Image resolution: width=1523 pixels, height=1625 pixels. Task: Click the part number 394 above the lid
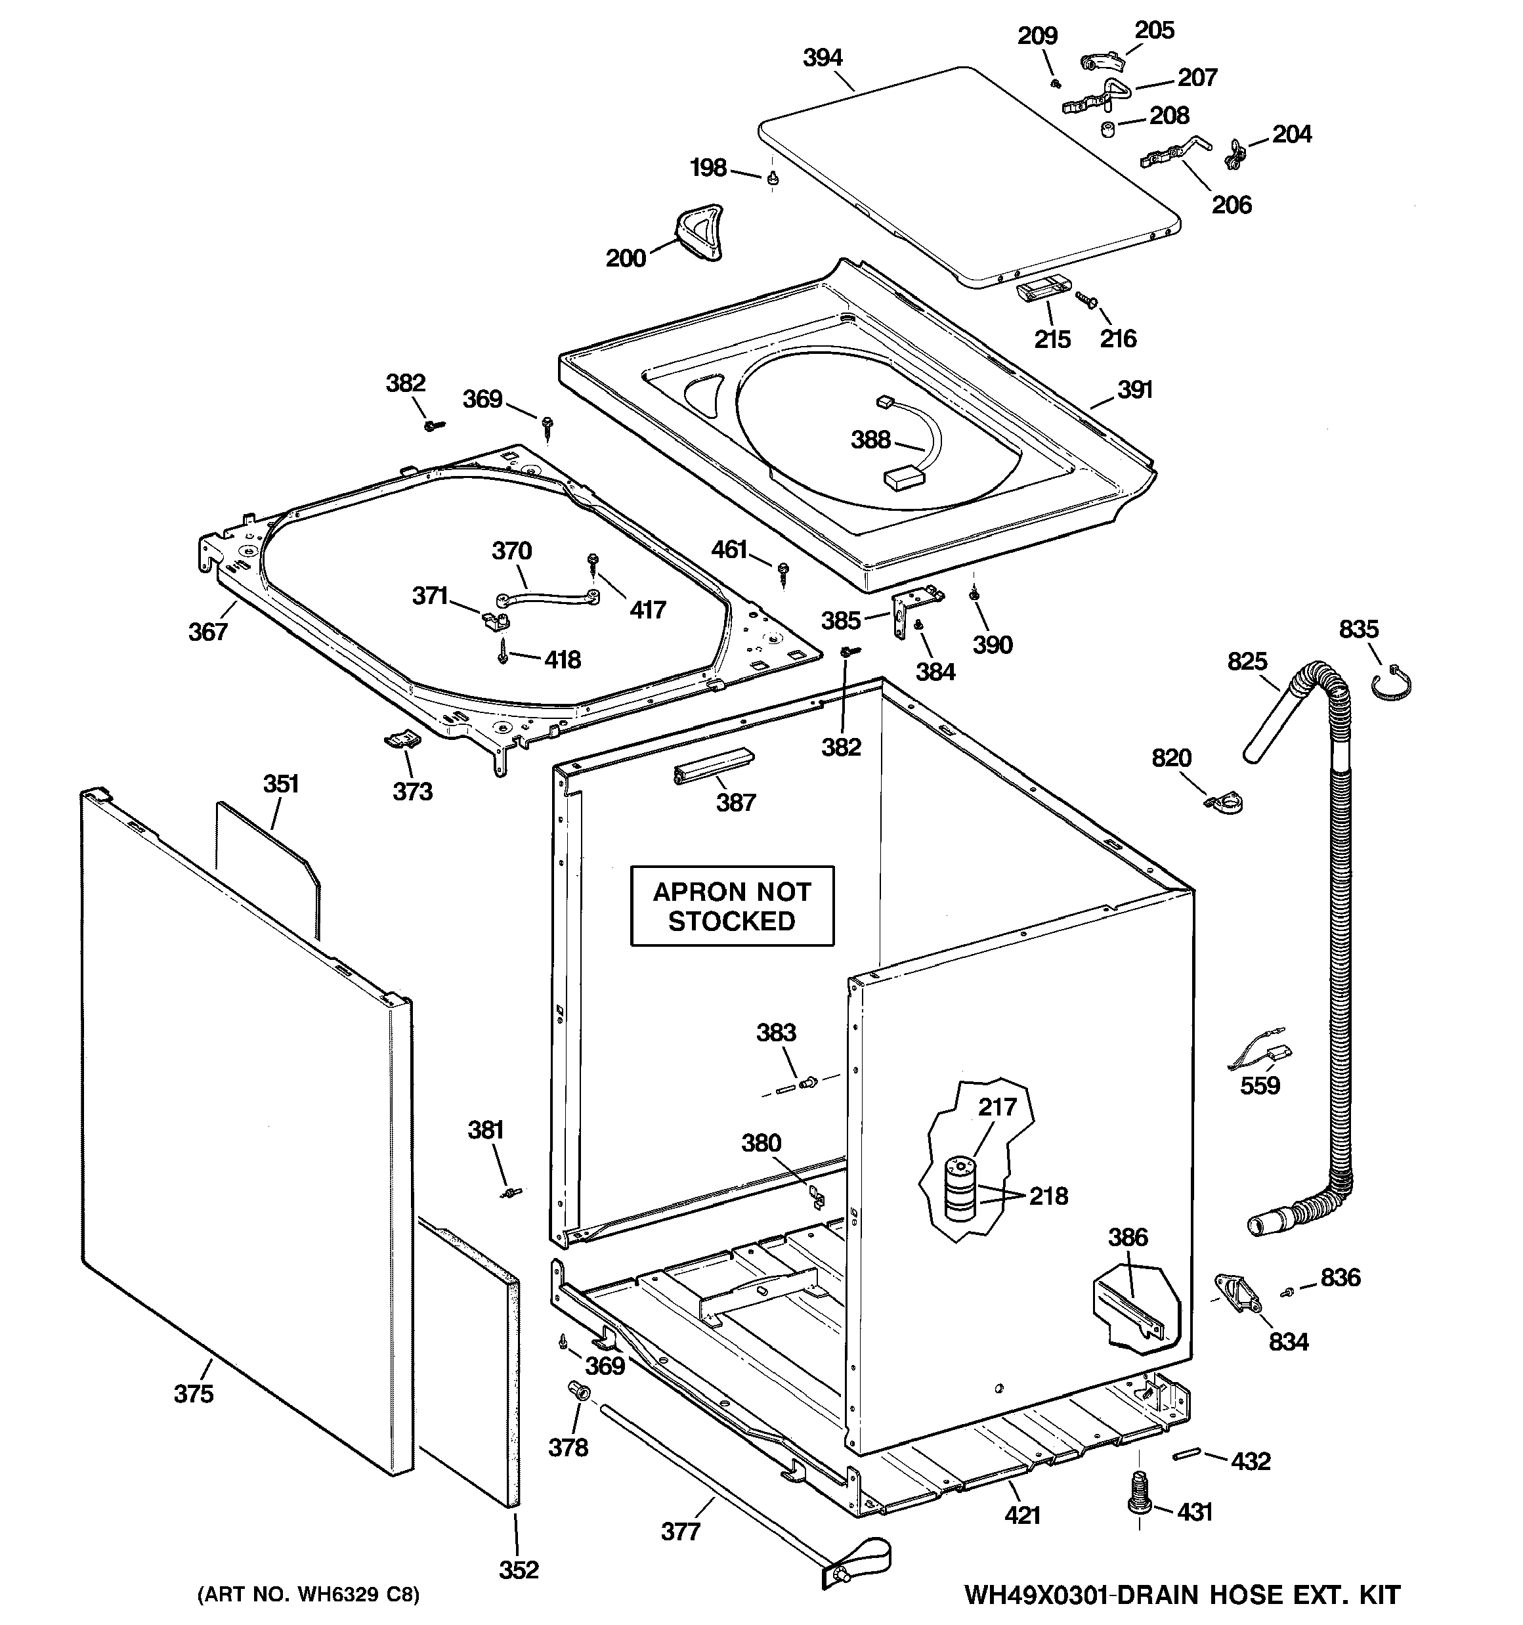tap(822, 58)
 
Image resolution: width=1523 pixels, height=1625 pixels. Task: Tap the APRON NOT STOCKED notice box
tap(732, 905)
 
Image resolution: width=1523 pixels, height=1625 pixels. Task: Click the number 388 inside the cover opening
tap(870, 440)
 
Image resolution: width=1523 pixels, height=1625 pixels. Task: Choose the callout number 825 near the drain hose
tap(1247, 661)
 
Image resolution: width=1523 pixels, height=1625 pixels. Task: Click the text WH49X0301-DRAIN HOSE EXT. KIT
tap(1181, 1595)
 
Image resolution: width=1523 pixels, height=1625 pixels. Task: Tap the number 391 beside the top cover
tap(1134, 390)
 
